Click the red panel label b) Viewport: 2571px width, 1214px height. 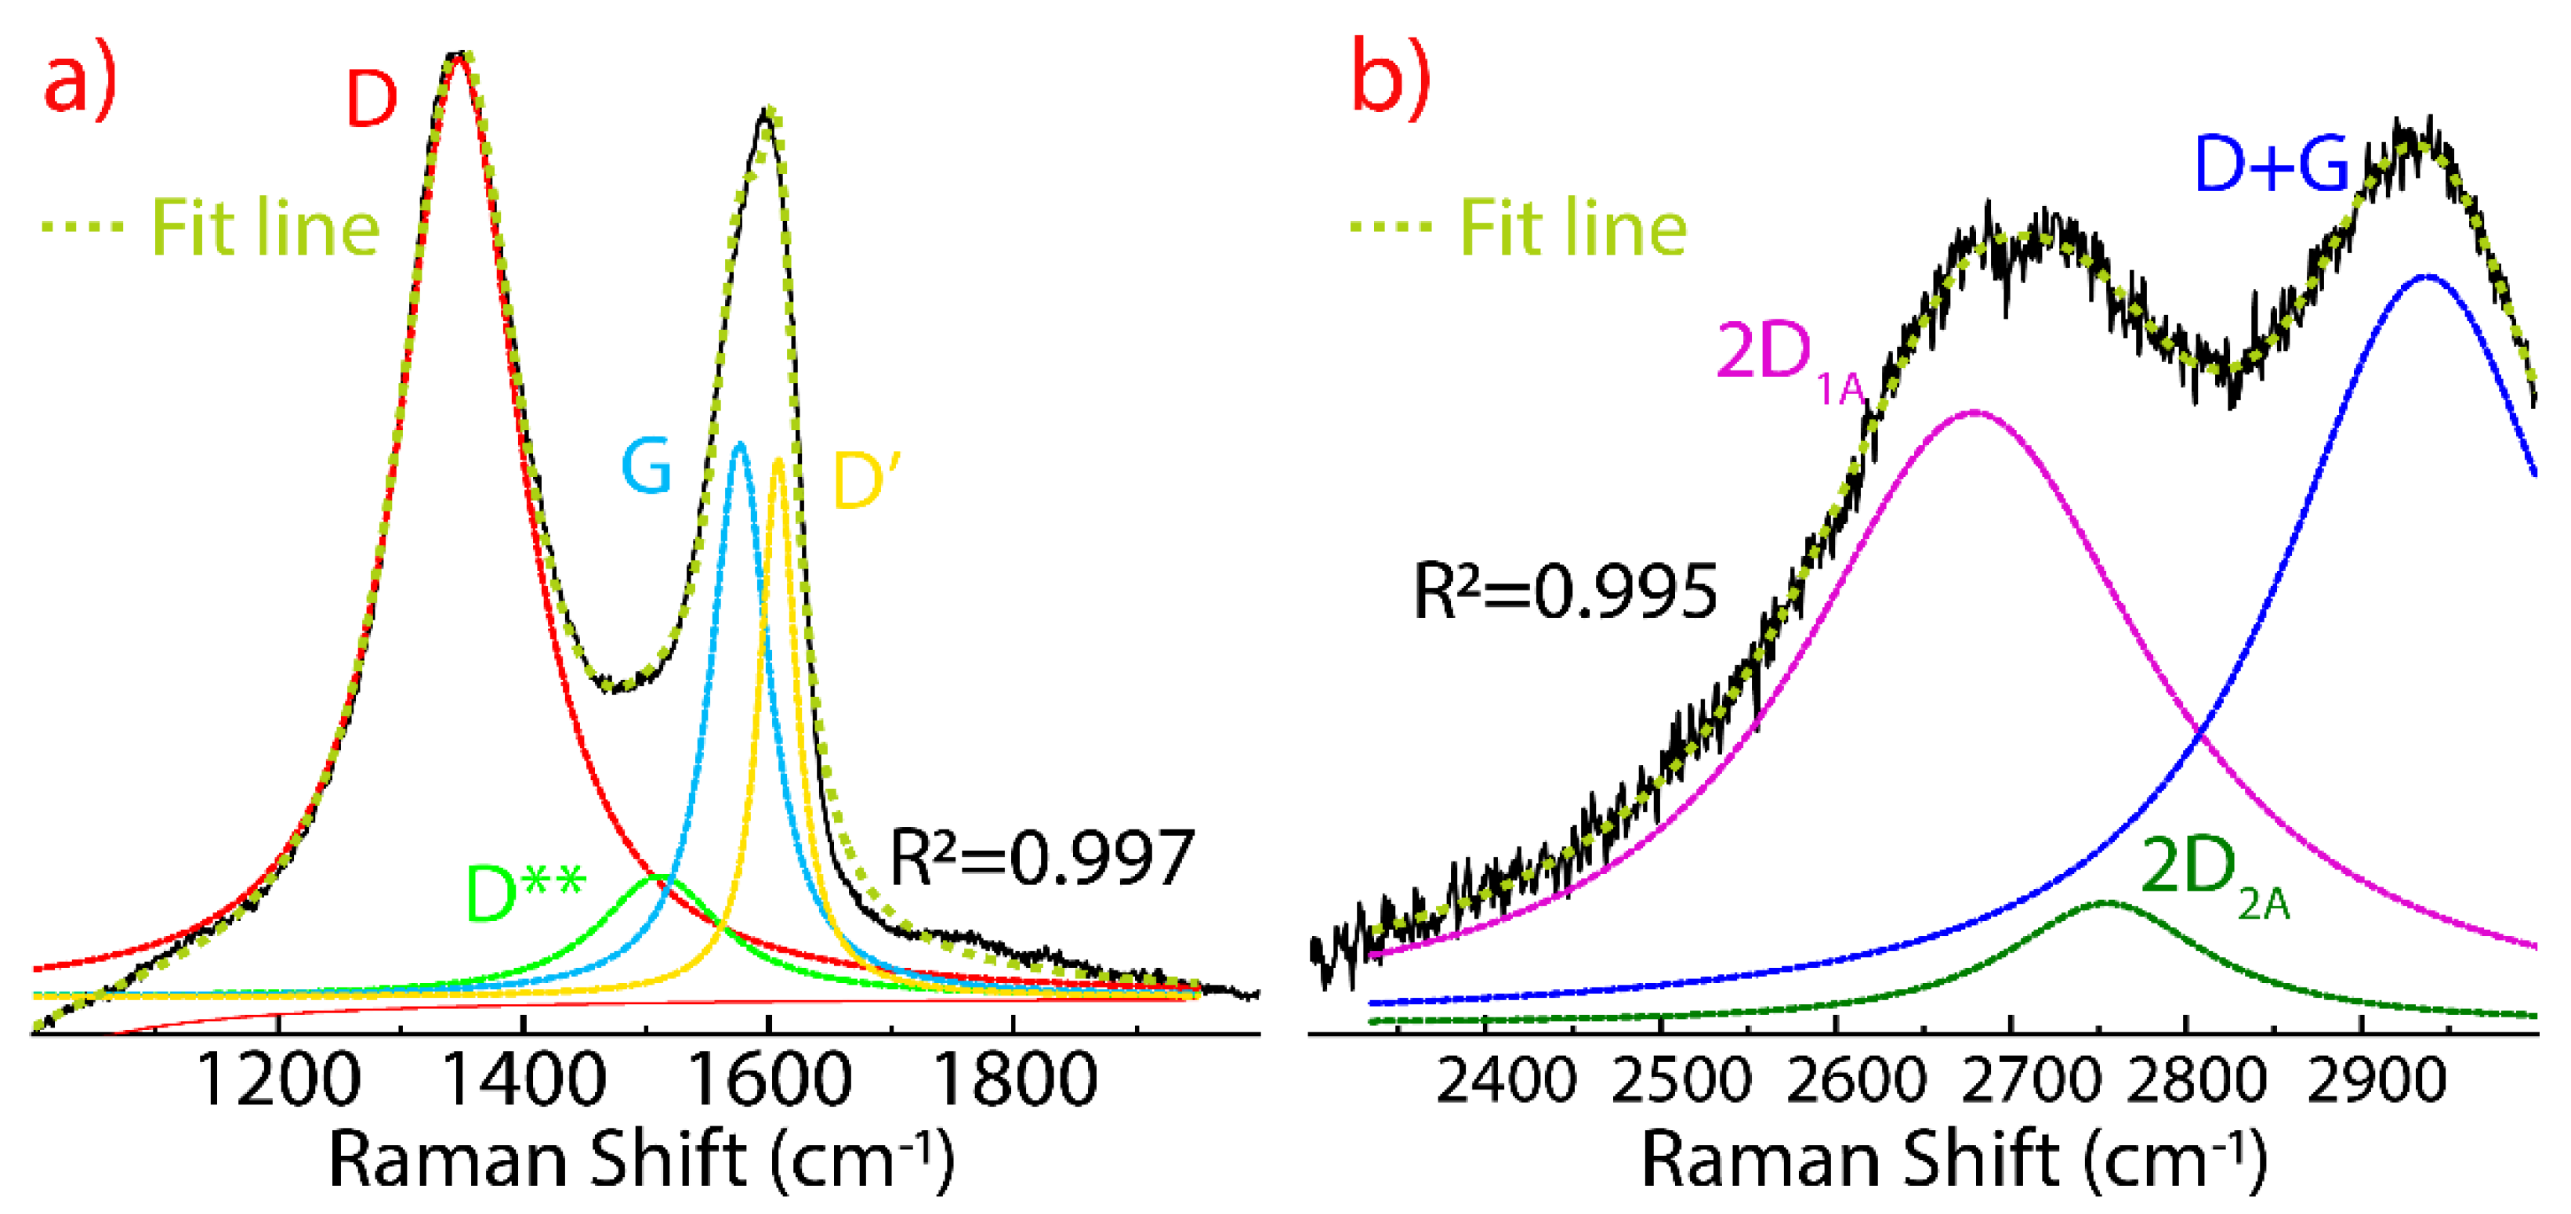(x=1391, y=80)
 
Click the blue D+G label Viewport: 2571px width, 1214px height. (x=2271, y=164)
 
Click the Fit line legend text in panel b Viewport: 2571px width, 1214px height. (x=1573, y=229)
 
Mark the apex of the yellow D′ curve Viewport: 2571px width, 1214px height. (x=778, y=461)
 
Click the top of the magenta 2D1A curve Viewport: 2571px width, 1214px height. (x=1973, y=411)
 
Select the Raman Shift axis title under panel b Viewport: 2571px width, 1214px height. (x=1954, y=1160)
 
